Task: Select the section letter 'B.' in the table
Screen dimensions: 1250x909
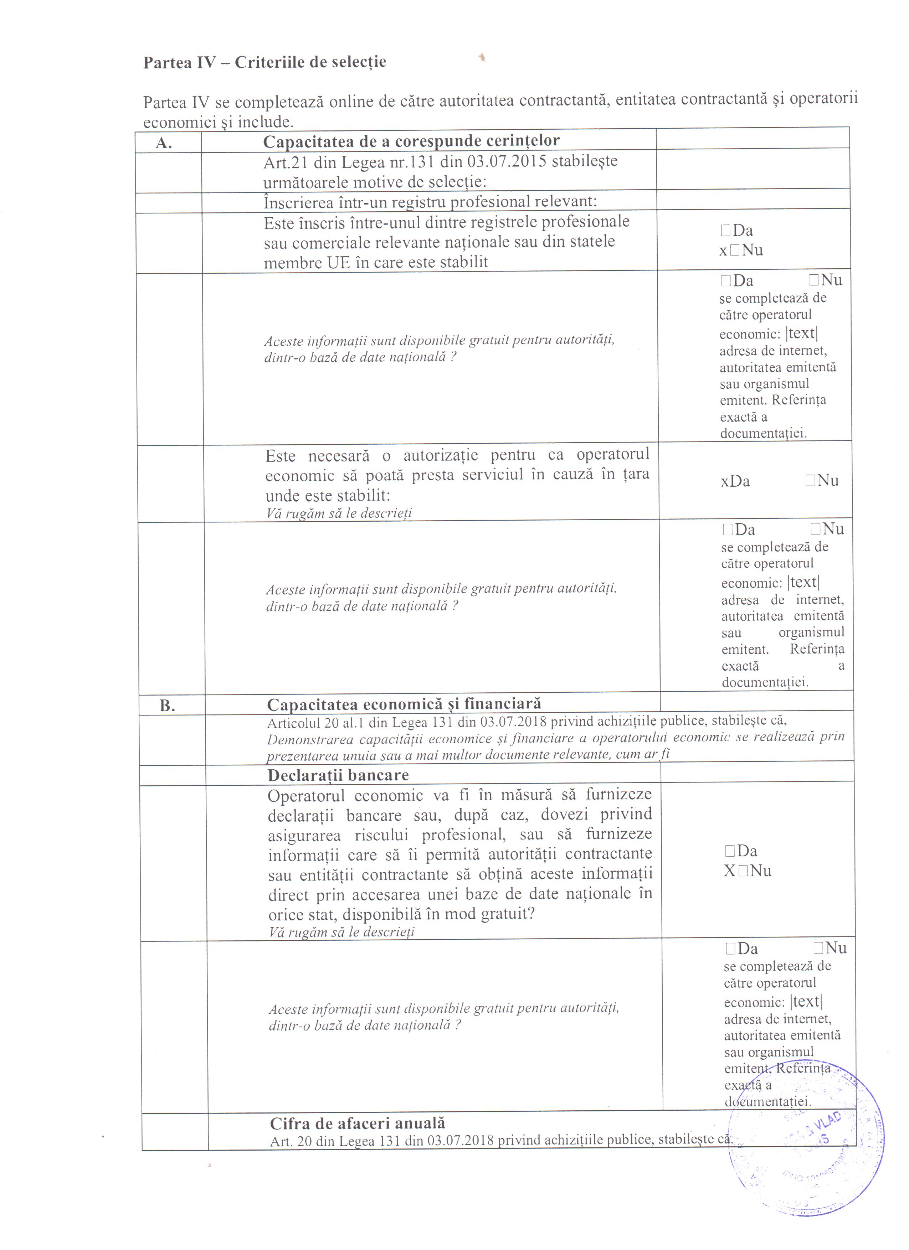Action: (167, 706)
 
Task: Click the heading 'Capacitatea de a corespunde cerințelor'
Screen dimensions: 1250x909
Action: (411, 141)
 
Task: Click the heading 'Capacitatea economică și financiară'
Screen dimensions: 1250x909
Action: (404, 704)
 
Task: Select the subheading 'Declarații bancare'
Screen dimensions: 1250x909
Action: (338, 775)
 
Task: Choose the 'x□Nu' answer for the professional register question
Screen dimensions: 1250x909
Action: (741, 251)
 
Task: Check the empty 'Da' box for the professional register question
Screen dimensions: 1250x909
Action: (725, 231)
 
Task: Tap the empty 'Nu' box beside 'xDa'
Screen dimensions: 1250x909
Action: (810, 481)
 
